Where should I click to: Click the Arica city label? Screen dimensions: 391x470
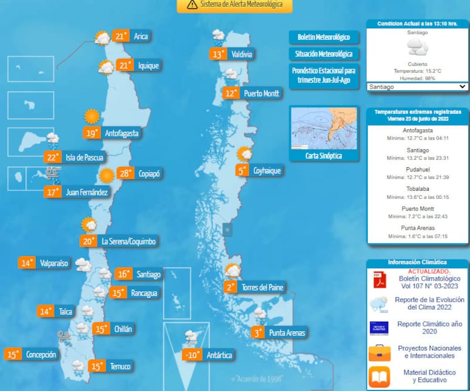click(140, 36)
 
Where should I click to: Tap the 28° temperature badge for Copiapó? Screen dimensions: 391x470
click(125, 174)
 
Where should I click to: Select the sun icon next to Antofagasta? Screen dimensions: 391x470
click(91, 116)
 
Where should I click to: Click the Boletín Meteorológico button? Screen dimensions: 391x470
click(324, 37)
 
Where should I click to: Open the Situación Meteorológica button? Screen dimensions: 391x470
click(324, 54)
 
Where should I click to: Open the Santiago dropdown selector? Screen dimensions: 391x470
click(417, 86)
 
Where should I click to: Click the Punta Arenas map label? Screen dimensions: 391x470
click(287, 333)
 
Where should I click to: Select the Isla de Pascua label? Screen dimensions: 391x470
click(84, 157)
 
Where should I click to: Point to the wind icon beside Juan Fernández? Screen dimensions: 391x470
click(53, 173)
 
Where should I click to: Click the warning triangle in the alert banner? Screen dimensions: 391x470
click(192, 5)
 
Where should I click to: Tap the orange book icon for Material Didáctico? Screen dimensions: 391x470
click(379, 376)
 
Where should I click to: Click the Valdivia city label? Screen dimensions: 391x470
click(241, 55)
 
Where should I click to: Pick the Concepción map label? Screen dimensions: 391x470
click(41, 355)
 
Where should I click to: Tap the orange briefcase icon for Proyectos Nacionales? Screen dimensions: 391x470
click(379, 352)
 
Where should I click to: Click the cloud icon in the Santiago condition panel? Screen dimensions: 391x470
click(417, 47)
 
